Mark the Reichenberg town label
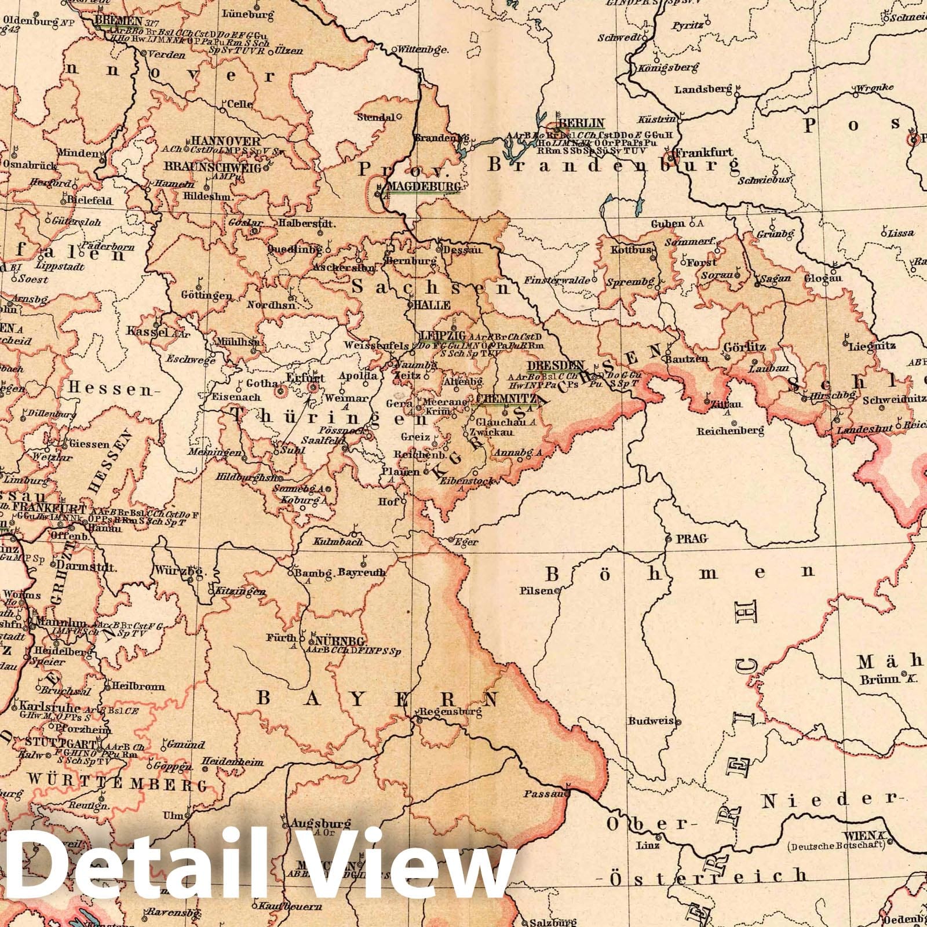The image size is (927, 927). point(731,431)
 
